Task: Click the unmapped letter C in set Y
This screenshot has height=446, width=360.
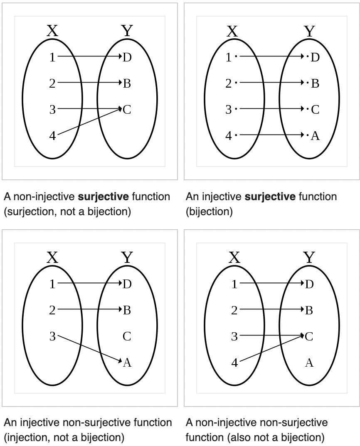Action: [127, 336]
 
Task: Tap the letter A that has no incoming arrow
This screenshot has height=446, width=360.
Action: [309, 363]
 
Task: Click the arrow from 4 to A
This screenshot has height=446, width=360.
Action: [270, 135]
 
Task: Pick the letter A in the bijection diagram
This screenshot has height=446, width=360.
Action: [315, 136]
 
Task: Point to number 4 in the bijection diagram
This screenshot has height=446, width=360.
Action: [228, 136]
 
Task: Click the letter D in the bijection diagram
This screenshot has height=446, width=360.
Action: [315, 57]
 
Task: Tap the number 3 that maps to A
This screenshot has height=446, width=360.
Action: [52, 336]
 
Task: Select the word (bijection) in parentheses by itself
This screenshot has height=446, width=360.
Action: [209, 212]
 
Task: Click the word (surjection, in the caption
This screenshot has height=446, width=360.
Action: [31, 212]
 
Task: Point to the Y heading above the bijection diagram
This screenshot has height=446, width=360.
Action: [309, 31]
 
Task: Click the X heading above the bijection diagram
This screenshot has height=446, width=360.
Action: [233, 31]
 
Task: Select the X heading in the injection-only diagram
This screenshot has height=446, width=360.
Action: [52, 258]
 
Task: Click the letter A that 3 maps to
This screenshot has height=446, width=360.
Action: [127, 363]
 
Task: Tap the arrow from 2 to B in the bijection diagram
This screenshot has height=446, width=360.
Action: [270, 83]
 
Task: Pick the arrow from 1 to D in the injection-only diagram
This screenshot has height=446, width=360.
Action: [89, 284]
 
